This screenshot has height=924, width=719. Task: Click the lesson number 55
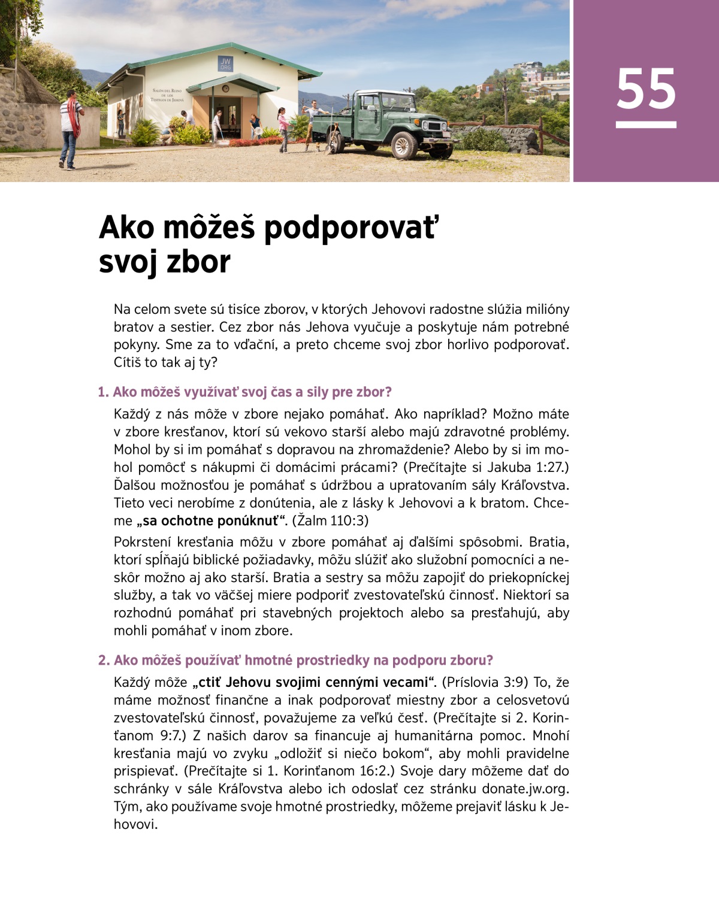pyautogui.click(x=646, y=89)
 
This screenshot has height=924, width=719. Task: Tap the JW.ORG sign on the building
pyautogui.click(x=225, y=64)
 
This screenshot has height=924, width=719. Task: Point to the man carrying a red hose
pyautogui.click(x=70, y=127)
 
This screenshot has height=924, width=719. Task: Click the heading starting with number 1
pyautogui.click(x=244, y=392)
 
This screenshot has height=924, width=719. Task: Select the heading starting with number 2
pyautogui.click(x=295, y=660)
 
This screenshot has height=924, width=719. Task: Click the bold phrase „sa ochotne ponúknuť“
pyautogui.click(x=212, y=520)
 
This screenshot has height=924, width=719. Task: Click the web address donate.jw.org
pyautogui.click(x=525, y=789)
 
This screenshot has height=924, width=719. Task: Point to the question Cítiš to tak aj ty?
pyautogui.click(x=165, y=362)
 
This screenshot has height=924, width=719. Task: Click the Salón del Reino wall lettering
pyautogui.click(x=168, y=95)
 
